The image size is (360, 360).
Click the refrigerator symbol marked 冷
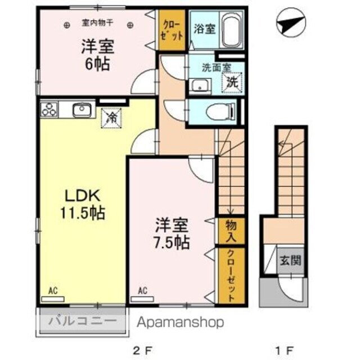click(111, 118)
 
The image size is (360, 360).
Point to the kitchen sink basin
click(83, 109)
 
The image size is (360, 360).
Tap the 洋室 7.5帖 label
click(172, 234)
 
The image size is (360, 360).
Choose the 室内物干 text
click(97, 24)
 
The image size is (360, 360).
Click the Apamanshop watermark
click(180, 322)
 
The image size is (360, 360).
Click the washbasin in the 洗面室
click(199, 85)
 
